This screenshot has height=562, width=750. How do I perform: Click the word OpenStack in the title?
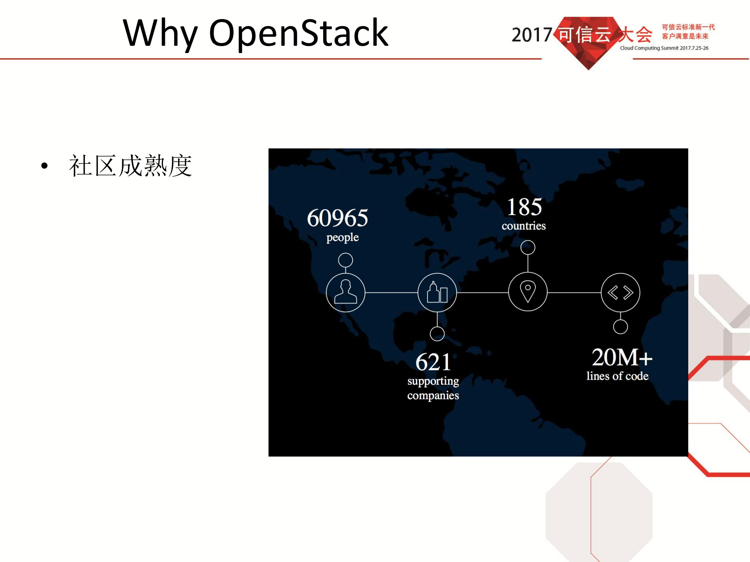pos(299,34)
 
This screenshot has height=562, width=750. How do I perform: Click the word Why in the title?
pos(160,34)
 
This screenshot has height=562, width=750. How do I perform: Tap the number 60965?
pos(337,218)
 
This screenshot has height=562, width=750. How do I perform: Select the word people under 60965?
pos(342,237)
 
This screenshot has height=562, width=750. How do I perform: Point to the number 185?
pos(524,207)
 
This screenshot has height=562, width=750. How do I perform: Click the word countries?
pos(523,226)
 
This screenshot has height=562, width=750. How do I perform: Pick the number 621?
pos(433,362)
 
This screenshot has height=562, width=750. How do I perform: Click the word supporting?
pos(433,381)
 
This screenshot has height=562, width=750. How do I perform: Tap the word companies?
pos(433,396)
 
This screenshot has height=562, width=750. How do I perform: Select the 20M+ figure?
pos(622,357)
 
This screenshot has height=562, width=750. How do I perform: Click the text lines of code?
pos(617,376)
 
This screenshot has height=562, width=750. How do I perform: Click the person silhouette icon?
pos(345,292)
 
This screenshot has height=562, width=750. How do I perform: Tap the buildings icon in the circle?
pos(437,293)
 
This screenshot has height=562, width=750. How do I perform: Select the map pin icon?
pos(528,291)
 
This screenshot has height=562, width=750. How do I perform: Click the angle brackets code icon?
pos(620,293)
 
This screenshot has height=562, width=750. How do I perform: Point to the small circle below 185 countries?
pos(528,247)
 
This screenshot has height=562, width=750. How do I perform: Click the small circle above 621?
pos(437,334)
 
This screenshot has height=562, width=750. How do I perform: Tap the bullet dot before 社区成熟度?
pos(45,166)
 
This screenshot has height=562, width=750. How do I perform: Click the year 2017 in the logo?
pos(532,35)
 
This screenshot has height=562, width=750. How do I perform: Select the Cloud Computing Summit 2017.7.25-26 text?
pos(664,48)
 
